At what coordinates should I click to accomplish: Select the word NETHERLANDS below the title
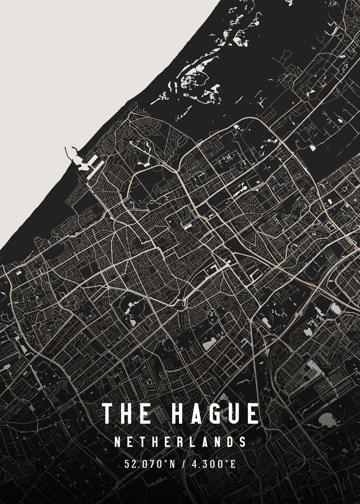click(x=180, y=442)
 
